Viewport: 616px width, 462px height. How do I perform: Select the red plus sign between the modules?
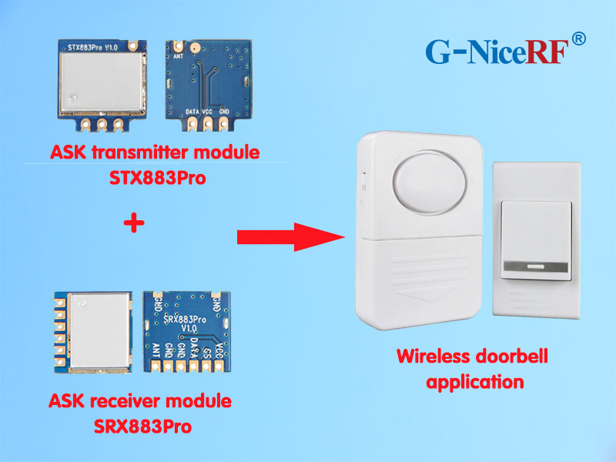click(x=134, y=224)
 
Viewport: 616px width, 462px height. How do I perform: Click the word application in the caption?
click(x=475, y=381)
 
